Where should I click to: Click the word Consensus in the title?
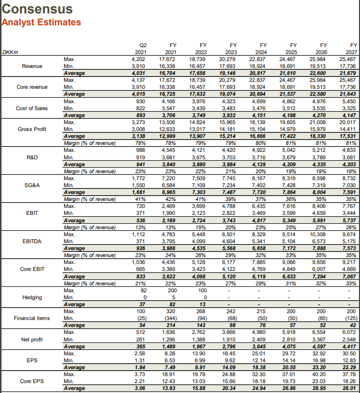pos(38,9)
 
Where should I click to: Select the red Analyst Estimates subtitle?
pos(41,22)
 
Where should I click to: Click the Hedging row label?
pos(32,297)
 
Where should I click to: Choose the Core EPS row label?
pos(32,381)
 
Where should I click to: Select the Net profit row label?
pos(32,340)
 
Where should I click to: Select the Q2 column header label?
pos(143,45)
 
